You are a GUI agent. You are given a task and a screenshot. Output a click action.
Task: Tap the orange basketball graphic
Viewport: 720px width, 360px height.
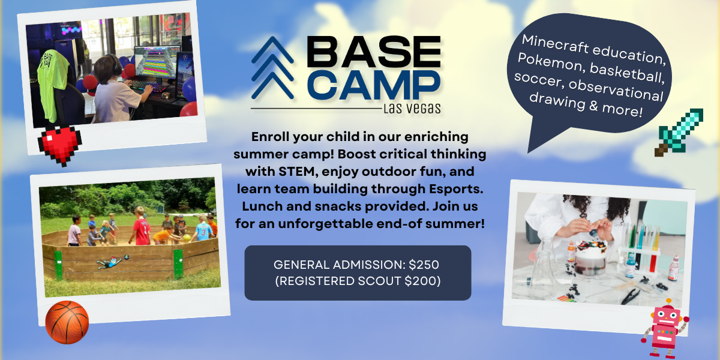[x=67, y=322]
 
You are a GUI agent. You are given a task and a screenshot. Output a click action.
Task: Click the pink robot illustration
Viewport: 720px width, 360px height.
[x=664, y=328]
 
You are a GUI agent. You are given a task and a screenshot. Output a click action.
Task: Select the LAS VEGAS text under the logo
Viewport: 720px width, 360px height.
[x=411, y=109]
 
